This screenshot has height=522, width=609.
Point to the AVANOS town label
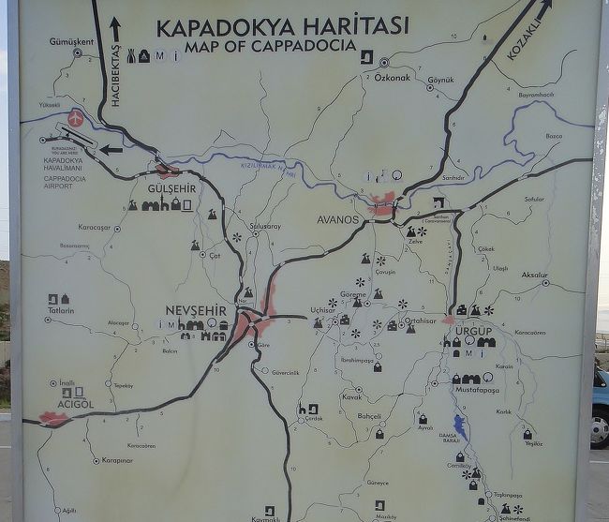click(339, 220)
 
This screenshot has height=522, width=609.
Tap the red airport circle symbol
click(75, 120)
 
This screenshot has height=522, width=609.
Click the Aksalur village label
click(534, 275)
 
